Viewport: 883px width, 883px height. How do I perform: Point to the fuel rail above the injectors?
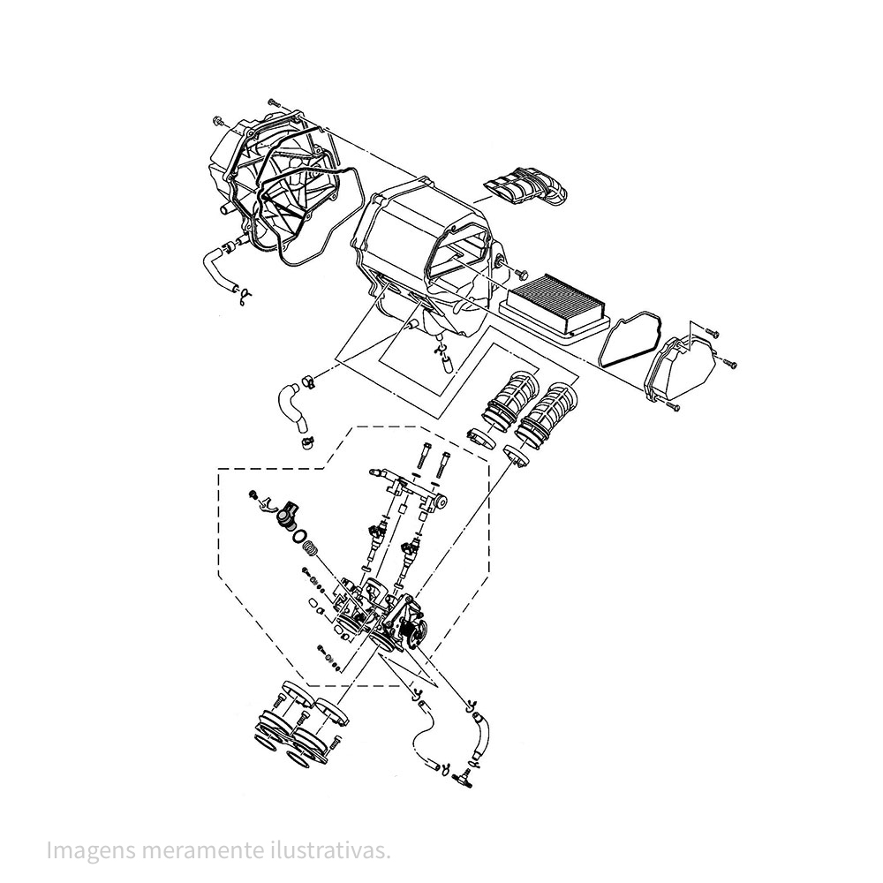411,487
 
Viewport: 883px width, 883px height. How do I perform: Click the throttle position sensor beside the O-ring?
284,514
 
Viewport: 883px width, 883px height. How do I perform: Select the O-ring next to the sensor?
300,535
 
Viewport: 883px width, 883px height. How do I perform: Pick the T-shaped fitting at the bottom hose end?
462,776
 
